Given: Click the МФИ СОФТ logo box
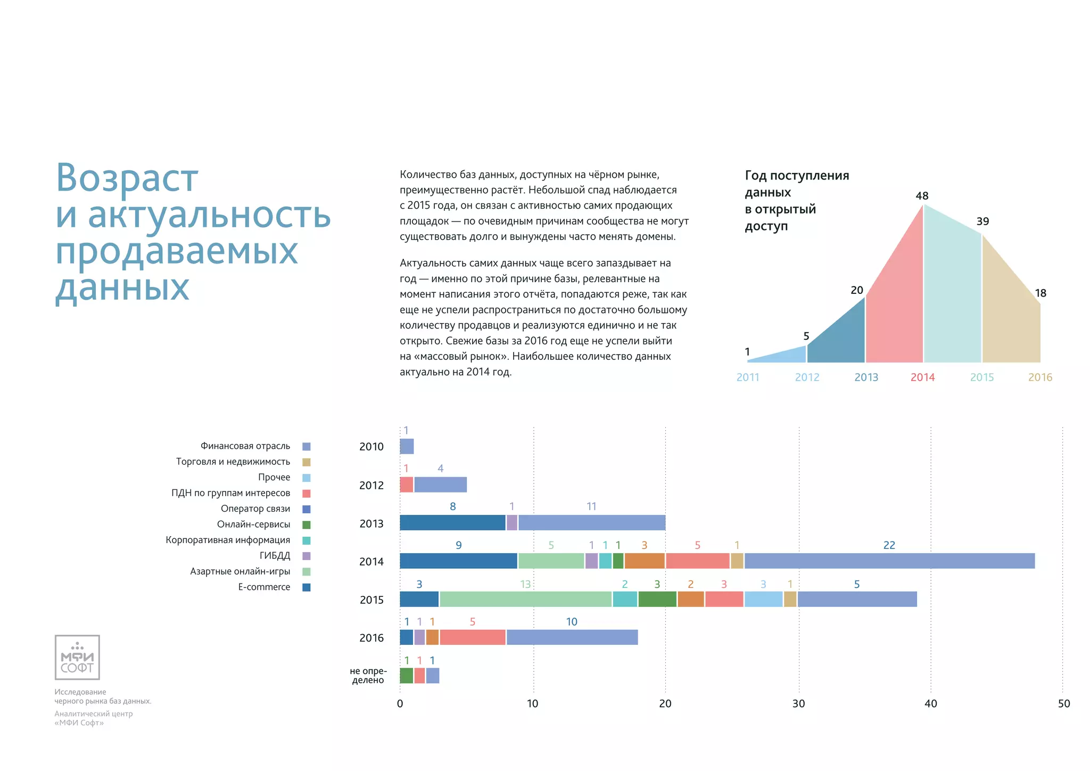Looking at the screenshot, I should (x=77, y=657).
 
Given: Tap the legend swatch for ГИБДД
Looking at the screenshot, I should (x=307, y=556).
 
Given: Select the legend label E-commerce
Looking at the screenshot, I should (x=264, y=587).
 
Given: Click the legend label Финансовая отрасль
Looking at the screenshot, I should (x=245, y=446).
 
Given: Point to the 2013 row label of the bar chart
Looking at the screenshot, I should (x=371, y=523).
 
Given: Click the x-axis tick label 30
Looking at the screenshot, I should (x=798, y=703).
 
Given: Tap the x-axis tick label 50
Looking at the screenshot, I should (x=1063, y=703).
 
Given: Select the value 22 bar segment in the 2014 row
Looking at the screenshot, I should (x=889, y=561).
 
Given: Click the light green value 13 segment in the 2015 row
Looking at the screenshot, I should (x=525, y=599).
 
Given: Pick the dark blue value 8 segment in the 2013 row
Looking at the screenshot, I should (x=452, y=523).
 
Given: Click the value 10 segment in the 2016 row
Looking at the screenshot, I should (x=572, y=637).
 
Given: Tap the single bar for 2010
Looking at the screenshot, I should (x=407, y=446).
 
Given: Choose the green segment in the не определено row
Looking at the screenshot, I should (x=406, y=676).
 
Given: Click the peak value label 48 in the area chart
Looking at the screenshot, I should (x=922, y=196).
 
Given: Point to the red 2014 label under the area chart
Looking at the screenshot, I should (x=922, y=377).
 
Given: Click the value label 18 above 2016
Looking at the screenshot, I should (x=1041, y=293).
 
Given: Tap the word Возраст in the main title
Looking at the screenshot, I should (x=127, y=178).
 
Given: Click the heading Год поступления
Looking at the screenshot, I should (x=797, y=175).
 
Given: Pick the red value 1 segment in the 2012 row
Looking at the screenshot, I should (x=406, y=485).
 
